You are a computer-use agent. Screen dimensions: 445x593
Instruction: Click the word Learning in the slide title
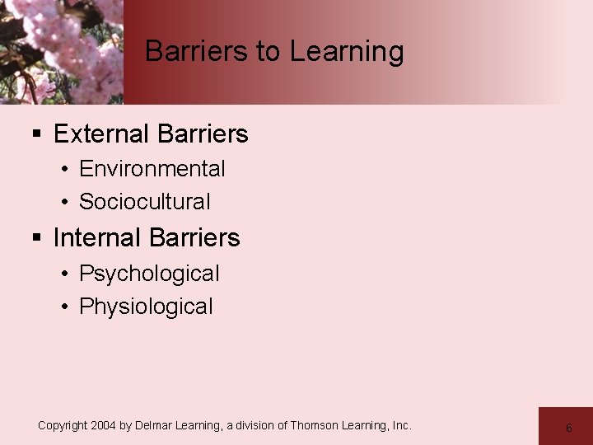point(346,52)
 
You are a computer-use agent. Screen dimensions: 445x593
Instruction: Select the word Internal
point(95,238)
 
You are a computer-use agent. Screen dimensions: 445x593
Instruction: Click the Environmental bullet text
point(152,169)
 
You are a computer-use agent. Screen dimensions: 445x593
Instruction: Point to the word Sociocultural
point(145,202)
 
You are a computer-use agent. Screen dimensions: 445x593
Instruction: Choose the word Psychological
point(149,274)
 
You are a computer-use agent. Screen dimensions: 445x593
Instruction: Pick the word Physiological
point(146,307)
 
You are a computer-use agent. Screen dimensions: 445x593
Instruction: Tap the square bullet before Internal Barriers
point(36,238)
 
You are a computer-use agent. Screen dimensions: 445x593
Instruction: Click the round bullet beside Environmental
point(64,170)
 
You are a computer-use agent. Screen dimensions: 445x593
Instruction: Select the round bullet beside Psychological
point(64,274)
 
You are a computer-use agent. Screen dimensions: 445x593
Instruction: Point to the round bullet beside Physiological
point(64,307)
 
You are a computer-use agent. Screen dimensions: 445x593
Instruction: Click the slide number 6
point(568,428)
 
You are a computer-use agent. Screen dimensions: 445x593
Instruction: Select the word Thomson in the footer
point(313,425)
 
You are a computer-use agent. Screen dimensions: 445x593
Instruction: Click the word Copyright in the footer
point(62,425)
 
